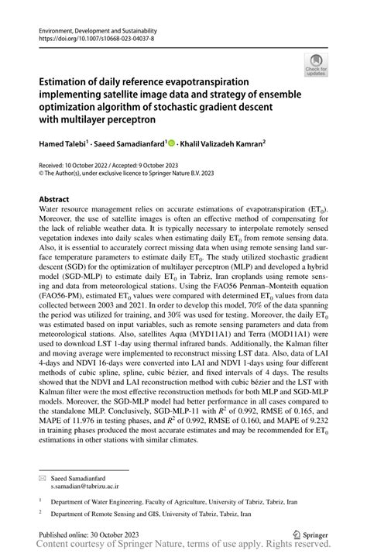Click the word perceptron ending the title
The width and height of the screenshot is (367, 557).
coord(139,120)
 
